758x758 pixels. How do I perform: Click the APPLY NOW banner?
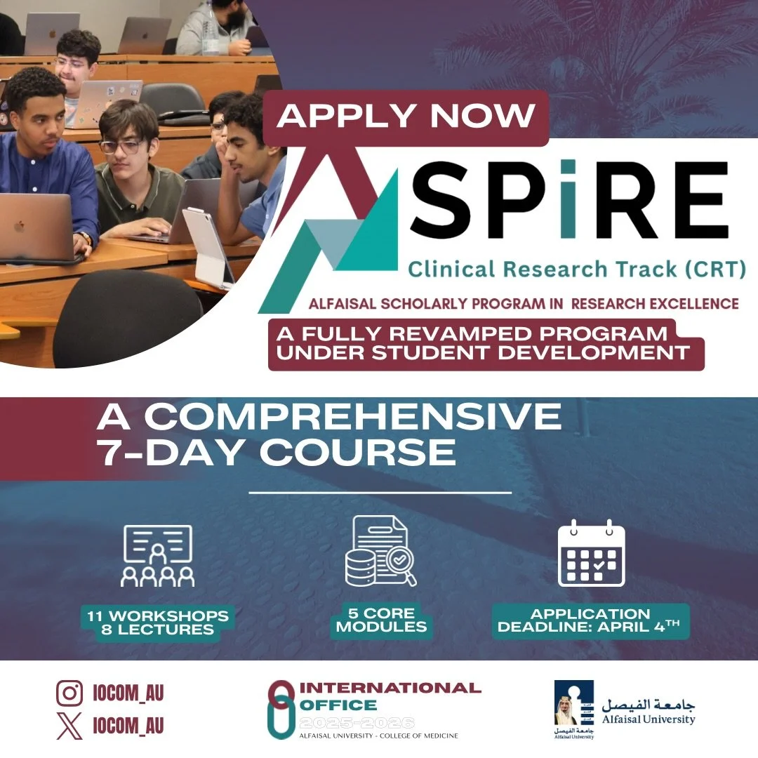pyautogui.click(x=406, y=116)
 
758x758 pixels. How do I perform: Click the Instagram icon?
pyautogui.click(x=69, y=693)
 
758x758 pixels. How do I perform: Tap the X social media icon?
pyautogui.click(x=69, y=725)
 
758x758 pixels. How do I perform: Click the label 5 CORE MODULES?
pyautogui.click(x=381, y=620)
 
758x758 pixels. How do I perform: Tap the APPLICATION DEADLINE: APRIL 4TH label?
pyautogui.click(x=590, y=620)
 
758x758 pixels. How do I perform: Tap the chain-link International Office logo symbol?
pyautogui.click(x=280, y=709)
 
